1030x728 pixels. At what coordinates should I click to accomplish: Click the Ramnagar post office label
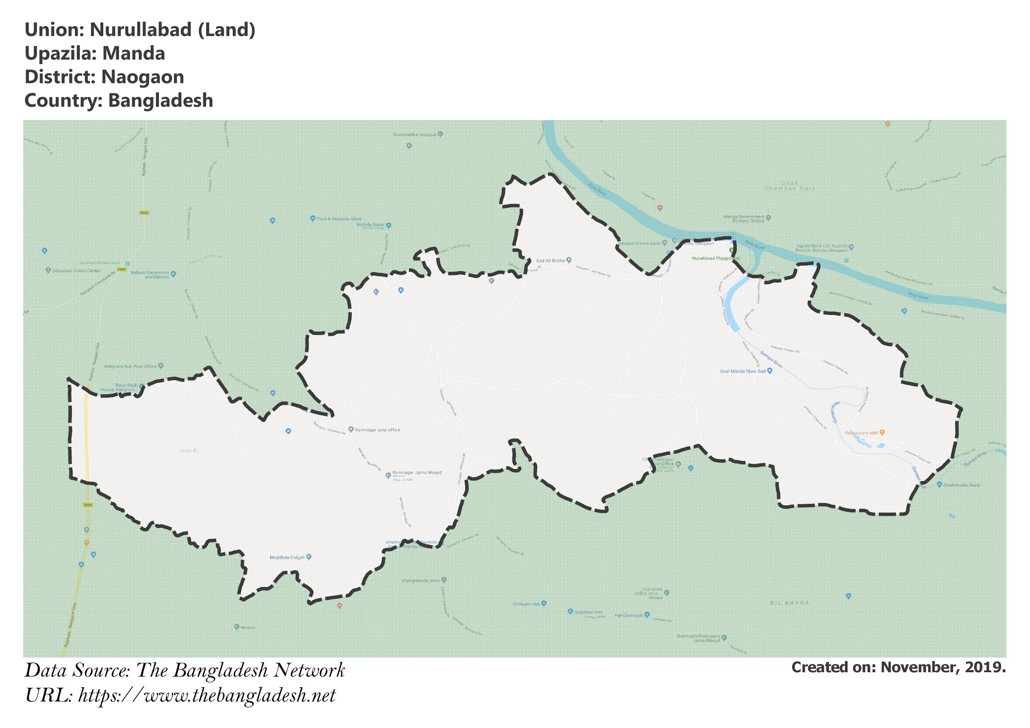tap(377, 430)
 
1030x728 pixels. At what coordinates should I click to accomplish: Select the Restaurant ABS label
tap(862, 433)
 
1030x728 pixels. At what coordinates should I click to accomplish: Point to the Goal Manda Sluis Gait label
tap(743, 372)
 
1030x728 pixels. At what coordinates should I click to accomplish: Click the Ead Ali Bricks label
tap(551, 260)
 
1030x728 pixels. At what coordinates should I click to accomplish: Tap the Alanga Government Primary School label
tap(743, 219)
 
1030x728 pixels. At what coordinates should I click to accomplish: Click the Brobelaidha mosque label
tap(415, 135)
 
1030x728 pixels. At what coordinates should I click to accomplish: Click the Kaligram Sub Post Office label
tap(130, 366)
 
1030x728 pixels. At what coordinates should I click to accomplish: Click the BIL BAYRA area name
tap(790, 603)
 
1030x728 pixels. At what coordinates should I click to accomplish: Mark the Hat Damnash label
tap(628, 615)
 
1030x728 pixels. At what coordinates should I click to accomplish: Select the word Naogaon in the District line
tap(142, 77)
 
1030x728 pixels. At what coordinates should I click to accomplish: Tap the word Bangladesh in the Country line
tap(160, 101)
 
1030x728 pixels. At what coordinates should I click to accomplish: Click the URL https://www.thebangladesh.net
tap(207, 696)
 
